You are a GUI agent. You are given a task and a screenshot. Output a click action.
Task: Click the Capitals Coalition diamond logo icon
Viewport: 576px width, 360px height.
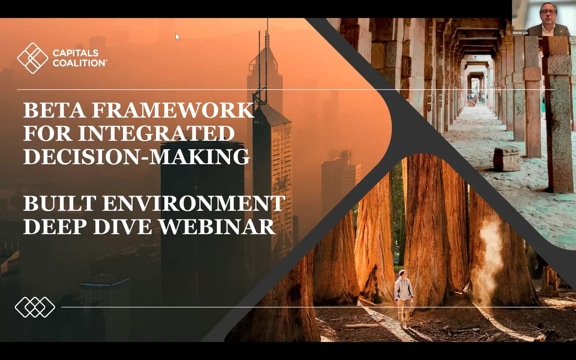pyautogui.click(x=32, y=58)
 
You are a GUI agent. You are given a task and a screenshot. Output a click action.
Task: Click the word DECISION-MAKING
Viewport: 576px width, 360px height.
pyautogui.click(x=136, y=156)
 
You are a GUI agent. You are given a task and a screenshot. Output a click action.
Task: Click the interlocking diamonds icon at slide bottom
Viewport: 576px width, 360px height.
pyautogui.click(x=34, y=307)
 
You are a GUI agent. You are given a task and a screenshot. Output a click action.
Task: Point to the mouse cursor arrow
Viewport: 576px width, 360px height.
pyautogui.click(x=177, y=36)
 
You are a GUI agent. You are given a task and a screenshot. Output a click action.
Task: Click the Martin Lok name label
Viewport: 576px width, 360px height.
pyautogui.click(x=520, y=33)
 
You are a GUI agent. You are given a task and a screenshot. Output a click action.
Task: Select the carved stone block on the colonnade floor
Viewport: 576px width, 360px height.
pyautogui.click(x=506, y=158)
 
